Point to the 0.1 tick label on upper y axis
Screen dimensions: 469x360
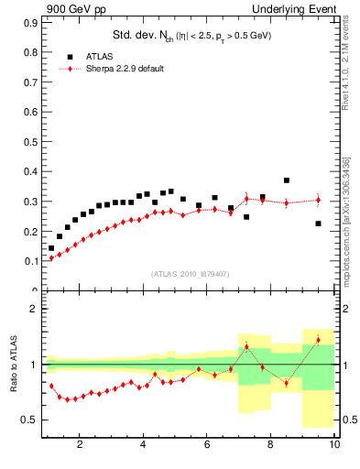(32, 261)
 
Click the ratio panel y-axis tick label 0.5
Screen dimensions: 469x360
(30, 420)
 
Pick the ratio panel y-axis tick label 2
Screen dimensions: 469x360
(34, 309)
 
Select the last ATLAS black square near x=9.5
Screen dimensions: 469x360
(318, 224)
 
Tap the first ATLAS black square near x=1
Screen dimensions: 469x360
(51, 248)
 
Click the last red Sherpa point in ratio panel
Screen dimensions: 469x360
(318, 340)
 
